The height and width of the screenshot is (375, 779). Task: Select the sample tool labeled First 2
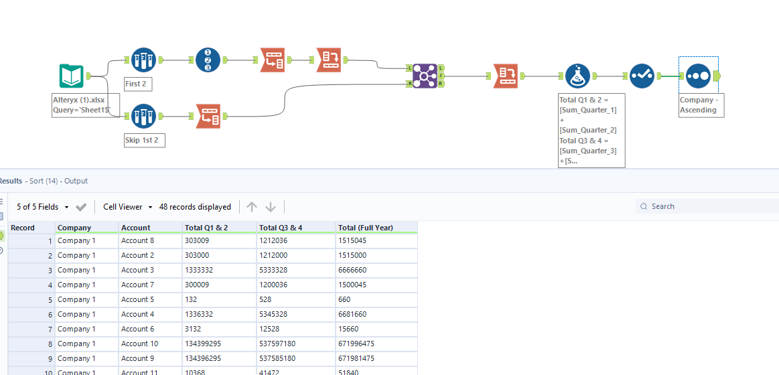point(143,60)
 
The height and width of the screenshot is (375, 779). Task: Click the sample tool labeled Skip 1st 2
point(143,116)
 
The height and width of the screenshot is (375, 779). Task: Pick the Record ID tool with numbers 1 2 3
point(208,60)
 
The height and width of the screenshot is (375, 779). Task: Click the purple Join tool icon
point(425,76)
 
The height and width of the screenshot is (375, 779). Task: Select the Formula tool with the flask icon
point(577,76)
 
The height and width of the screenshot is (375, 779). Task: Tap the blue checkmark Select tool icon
point(642,76)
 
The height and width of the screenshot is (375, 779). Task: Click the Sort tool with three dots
point(698,76)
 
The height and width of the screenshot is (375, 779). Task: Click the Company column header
point(74,228)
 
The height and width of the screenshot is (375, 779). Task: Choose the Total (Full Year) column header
point(366,228)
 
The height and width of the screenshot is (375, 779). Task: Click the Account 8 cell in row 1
point(138,240)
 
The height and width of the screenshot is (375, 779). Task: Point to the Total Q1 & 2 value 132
point(192,299)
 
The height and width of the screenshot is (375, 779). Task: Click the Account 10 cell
point(140,344)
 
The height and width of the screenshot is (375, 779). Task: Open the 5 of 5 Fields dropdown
point(43,207)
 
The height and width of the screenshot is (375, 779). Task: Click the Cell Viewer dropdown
point(127,207)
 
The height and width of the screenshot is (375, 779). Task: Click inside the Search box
point(710,206)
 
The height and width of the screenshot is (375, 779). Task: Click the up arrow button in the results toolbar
point(252,207)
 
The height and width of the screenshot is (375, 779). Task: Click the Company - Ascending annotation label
point(701,105)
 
